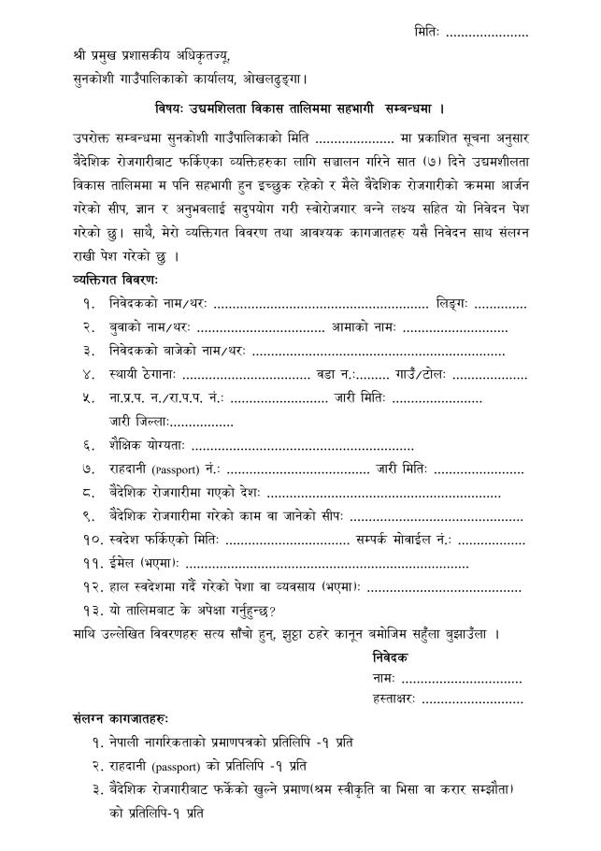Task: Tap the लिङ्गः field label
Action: (x=451, y=303)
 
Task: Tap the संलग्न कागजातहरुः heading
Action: (x=121, y=721)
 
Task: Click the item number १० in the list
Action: (x=90, y=541)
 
